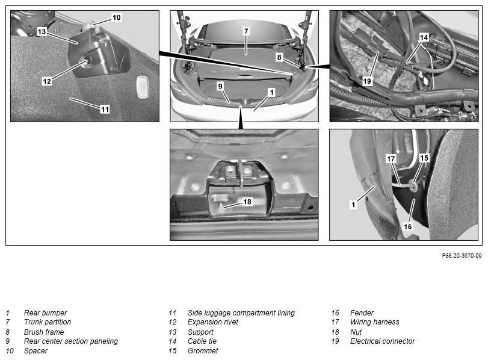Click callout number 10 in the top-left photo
pos(116,17)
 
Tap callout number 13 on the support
pos(42,31)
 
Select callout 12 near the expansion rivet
pos(47,81)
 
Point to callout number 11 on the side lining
pos(105,110)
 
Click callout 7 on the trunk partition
pos(246,31)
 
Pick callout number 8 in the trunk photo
pos(279,57)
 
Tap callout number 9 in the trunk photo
pos(220,86)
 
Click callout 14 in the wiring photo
pos(424,37)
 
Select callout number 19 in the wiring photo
pos(367,81)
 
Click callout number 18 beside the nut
pos(247,202)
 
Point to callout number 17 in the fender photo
pos(391,159)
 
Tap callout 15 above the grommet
pos(424,158)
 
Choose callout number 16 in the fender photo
pos(407,227)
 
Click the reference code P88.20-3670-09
pos(462,256)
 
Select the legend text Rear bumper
pos(46,312)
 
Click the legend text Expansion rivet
pos(213,322)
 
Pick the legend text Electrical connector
pos(383,341)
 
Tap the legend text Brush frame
pos(44,332)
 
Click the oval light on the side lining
pos(143,87)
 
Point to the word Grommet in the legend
pos(203,351)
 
